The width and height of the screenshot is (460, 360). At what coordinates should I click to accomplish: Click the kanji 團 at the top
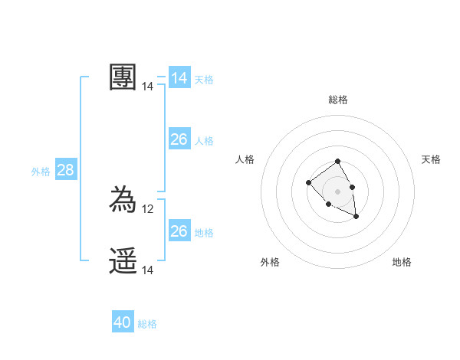[x=123, y=77]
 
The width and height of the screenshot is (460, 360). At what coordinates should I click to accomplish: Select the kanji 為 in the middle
[x=123, y=201]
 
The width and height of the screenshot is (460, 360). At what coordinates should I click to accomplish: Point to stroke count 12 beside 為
[x=149, y=209]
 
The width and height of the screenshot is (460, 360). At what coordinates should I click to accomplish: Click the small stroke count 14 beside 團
[x=148, y=87]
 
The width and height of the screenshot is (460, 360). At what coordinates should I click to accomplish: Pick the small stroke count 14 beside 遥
[x=149, y=270]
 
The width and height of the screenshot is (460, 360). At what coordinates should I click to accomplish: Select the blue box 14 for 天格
[x=179, y=78]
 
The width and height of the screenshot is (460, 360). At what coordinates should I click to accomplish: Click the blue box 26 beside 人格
[x=179, y=139]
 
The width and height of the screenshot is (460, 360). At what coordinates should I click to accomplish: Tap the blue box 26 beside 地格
[x=179, y=231]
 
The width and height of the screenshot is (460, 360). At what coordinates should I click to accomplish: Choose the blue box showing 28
[x=65, y=170]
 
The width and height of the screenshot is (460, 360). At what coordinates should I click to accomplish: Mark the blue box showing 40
[x=122, y=322]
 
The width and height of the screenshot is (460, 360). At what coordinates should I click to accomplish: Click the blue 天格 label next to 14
[x=204, y=80]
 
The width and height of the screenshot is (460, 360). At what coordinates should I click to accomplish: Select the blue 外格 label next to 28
[x=41, y=172]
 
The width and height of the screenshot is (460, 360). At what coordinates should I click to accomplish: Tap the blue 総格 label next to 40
[x=147, y=324]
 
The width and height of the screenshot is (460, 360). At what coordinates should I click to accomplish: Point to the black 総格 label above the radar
[x=338, y=100]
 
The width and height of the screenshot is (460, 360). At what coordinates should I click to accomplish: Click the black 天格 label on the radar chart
[x=431, y=159]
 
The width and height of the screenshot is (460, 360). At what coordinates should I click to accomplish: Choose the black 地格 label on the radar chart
[x=402, y=262]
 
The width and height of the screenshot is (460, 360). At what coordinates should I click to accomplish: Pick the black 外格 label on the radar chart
[x=270, y=262]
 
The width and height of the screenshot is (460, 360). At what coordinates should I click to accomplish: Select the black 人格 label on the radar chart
[x=245, y=159]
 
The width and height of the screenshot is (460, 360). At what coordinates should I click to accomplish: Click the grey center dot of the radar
[x=338, y=191]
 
